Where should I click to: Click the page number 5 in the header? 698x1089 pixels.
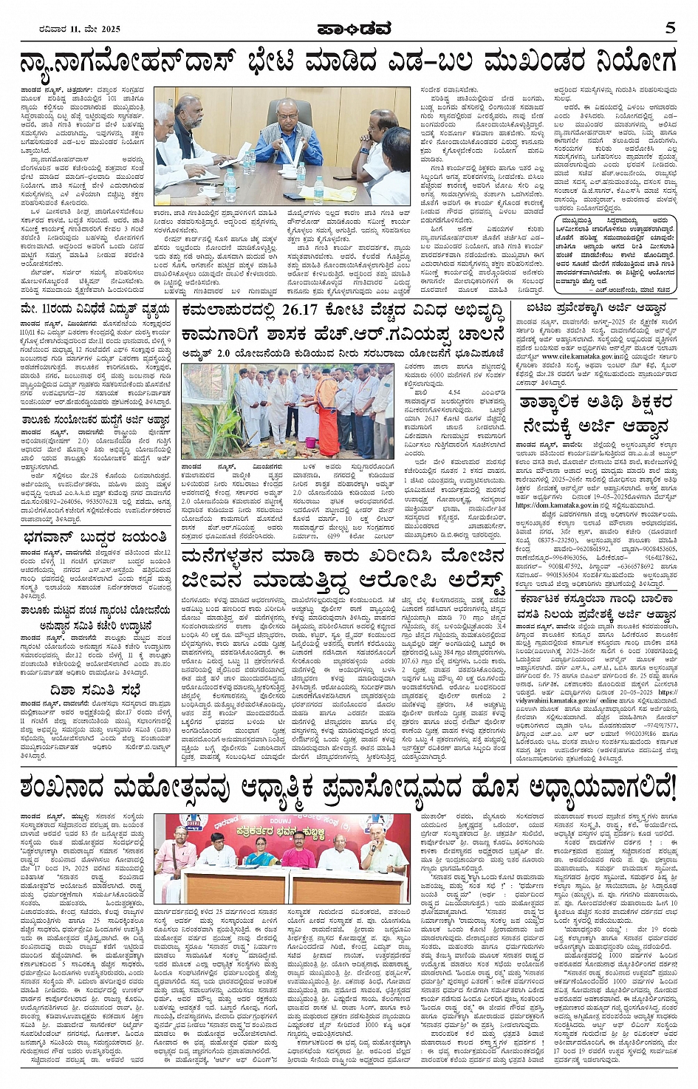click(x=669, y=29)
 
